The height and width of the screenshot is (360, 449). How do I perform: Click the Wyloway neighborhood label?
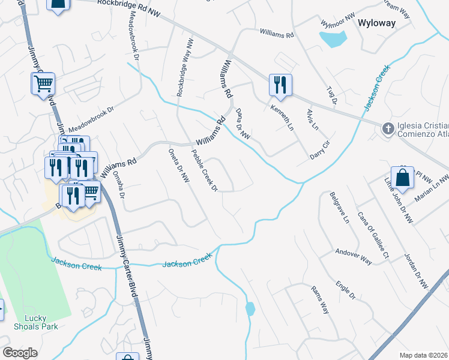point(376,23)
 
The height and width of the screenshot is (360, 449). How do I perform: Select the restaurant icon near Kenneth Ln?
point(280,85)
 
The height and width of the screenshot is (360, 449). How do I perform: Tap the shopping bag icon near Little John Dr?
point(403,178)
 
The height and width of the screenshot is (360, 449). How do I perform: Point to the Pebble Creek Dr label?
point(203,170)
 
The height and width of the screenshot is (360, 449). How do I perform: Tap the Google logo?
point(20,353)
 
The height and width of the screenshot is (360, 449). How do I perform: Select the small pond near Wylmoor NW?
point(333,40)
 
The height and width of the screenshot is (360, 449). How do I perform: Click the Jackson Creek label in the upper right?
point(376,88)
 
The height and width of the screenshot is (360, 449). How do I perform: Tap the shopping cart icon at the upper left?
point(43,85)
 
